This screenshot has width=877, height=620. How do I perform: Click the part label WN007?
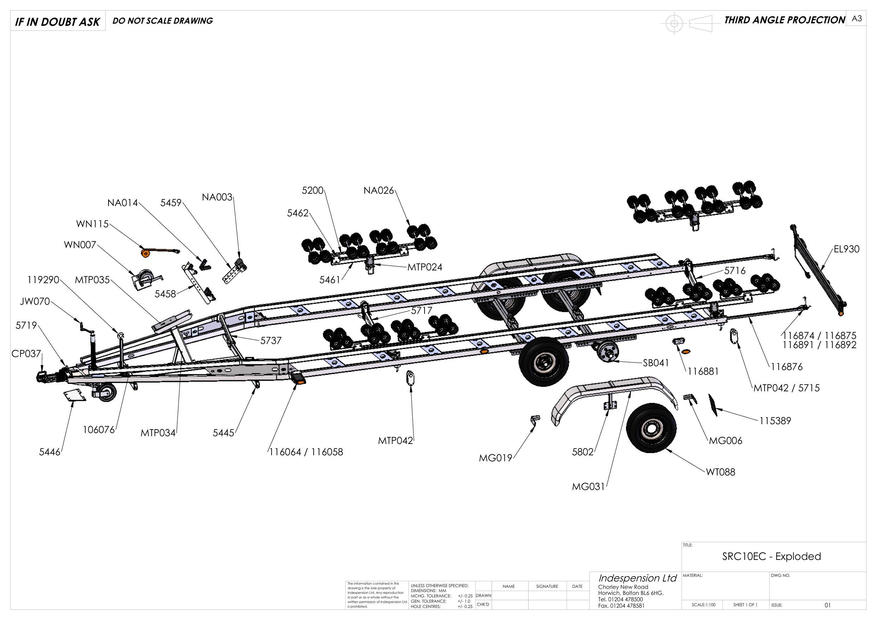(80, 245)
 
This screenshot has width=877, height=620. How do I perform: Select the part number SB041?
(656, 363)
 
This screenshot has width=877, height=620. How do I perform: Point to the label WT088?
(720, 472)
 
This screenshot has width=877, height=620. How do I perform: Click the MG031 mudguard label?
(588, 487)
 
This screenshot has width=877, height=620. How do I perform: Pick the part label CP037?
(25, 354)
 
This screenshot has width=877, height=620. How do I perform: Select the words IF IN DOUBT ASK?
(57, 22)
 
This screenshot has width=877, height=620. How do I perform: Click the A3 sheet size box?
(857, 19)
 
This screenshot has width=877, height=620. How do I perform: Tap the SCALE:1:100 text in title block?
(703, 605)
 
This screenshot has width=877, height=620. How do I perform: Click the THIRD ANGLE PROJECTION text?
(785, 20)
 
